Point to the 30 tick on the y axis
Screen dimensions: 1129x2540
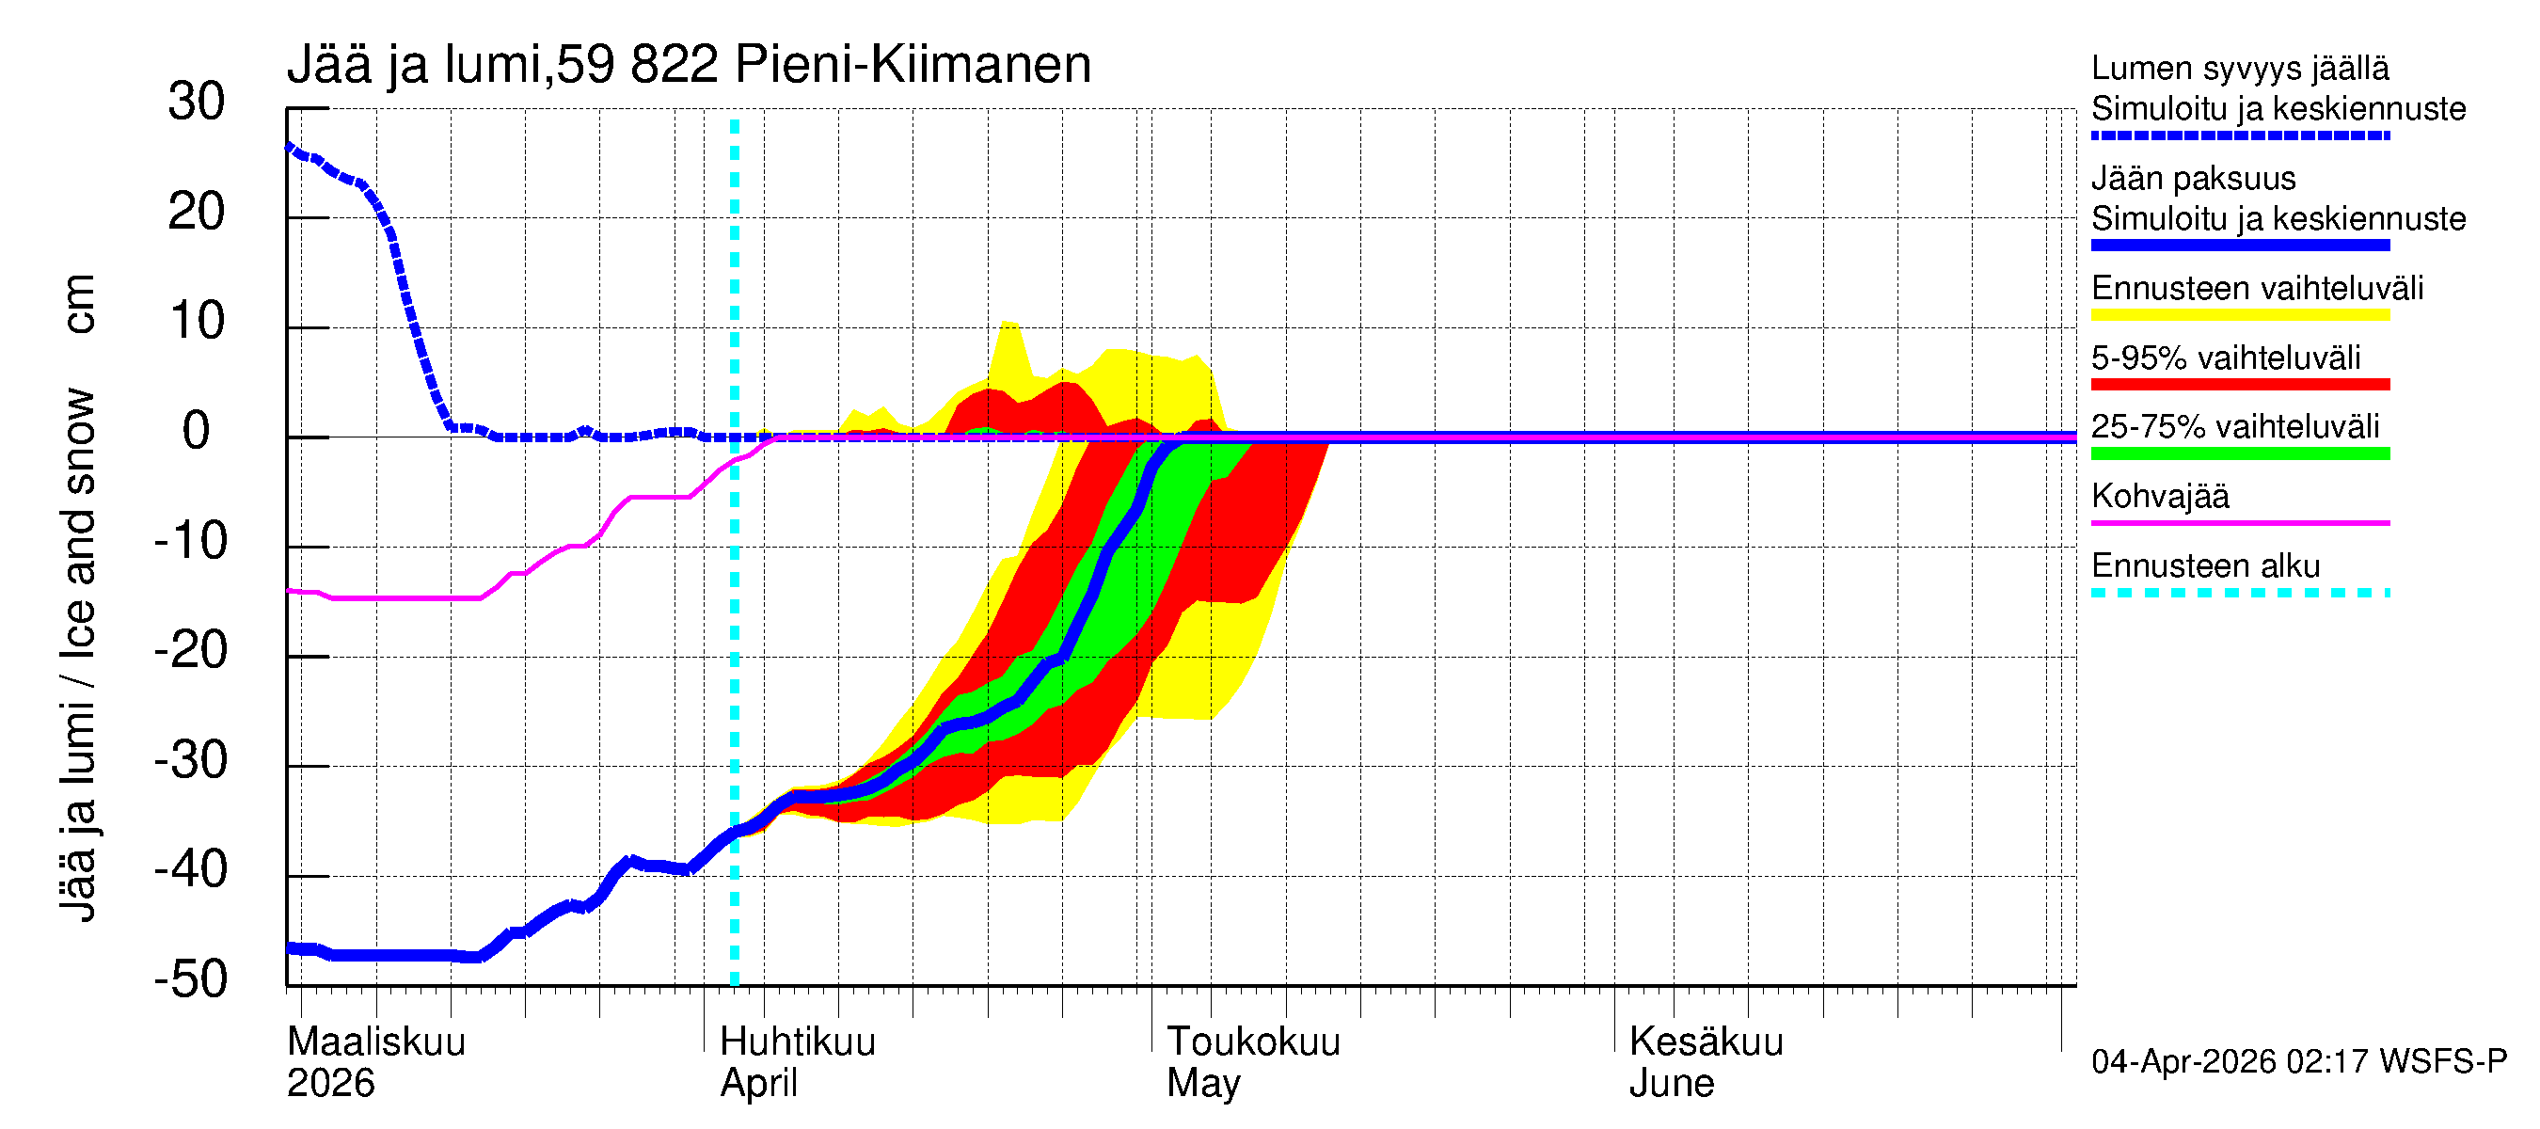197,102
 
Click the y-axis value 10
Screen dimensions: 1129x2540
197,322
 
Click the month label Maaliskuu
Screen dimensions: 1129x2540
375,1042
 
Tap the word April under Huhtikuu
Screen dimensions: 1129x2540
757,1084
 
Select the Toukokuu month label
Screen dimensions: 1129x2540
1252,1042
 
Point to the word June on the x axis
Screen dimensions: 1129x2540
1671,1084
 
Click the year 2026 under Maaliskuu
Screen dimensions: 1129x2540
330,1084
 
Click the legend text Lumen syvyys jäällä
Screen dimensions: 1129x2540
2239,68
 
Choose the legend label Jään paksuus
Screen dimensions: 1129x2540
2193,179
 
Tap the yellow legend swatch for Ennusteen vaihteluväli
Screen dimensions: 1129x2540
2239,315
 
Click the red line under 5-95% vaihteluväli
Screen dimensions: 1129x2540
2239,385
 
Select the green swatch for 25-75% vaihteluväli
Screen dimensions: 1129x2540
2239,453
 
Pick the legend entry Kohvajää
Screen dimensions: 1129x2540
2159,496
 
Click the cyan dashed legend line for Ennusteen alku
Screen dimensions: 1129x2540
2239,593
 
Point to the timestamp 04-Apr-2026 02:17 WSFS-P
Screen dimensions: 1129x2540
2298,1062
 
